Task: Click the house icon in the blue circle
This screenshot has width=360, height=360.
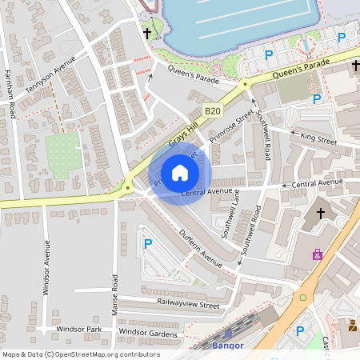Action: [x=180, y=173]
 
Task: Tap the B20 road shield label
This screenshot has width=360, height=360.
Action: [x=212, y=111]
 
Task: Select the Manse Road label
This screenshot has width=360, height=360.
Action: [x=115, y=294]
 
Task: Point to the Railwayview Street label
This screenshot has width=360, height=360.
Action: [x=187, y=305]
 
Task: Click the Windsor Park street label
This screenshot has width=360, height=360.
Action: [x=78, y=329]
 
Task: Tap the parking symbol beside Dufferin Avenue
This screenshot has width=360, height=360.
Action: [x=146, y=243]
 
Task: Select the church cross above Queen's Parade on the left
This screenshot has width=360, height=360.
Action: [x=147, y=34]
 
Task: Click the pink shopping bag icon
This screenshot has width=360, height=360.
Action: [x=318, y=254]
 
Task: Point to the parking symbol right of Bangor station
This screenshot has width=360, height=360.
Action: [x=300, y=330]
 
